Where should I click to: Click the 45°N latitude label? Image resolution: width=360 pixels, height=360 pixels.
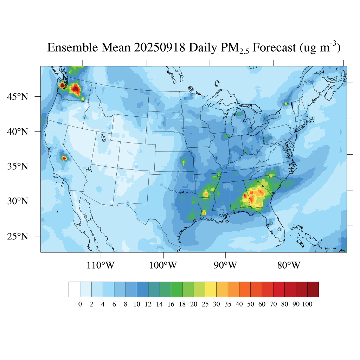click(x=18, y=97)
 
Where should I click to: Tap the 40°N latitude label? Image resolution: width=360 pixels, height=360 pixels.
click(x=18, y=132)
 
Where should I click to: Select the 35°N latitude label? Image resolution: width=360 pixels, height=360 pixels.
click(x=18, y=166)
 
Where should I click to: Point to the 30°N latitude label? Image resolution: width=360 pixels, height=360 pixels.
click(x=18, y=201)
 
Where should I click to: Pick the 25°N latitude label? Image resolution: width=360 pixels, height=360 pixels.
click(x=18, y=236)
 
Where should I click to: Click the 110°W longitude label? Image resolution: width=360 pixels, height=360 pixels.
click(x=101, y=265)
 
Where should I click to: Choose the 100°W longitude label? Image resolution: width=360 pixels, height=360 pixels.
click(x=163, y=265)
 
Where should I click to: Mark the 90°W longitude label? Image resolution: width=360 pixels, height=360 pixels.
click(x=225, y=265)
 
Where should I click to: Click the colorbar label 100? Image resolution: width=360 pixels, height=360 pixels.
click(x=307, y=304)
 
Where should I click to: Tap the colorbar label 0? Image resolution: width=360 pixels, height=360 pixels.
click(x=80, y=304)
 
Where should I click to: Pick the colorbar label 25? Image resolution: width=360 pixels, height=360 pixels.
click(x=205, y=304)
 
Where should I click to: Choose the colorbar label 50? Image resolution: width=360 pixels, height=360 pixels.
click(x=251, y=304)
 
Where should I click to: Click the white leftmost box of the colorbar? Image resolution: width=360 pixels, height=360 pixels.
click(x=74, y=289)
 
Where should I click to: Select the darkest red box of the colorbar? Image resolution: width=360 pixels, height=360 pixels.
click(x=313, y=289)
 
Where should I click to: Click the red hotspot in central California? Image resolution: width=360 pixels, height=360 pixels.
click(x=64, y=158)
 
